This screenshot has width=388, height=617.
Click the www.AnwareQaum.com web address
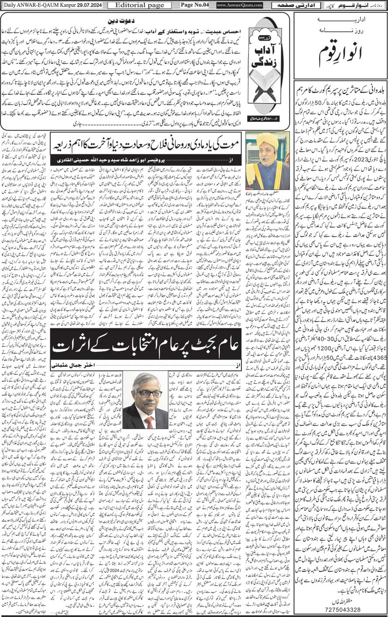(236, 5)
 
